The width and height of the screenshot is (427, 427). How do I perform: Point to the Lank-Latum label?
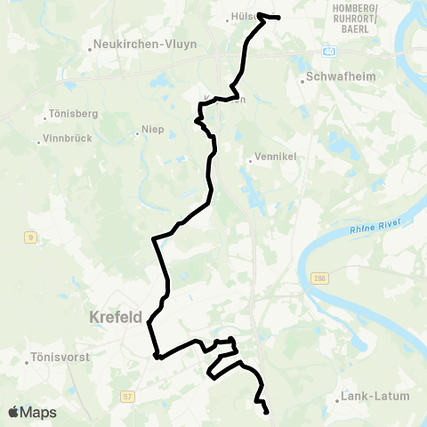pos(372,398)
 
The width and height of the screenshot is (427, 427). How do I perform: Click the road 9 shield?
pos(30,237)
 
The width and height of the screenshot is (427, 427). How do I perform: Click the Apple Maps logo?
pos(31,412)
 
